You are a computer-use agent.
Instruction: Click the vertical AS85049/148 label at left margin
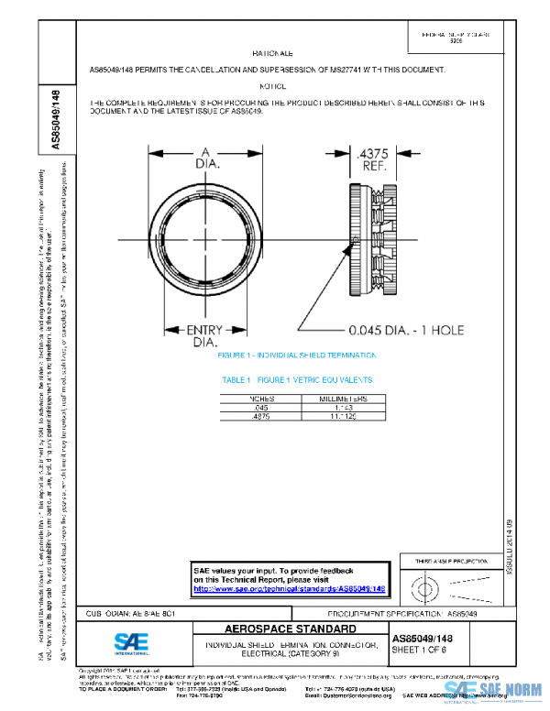point(56,119)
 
